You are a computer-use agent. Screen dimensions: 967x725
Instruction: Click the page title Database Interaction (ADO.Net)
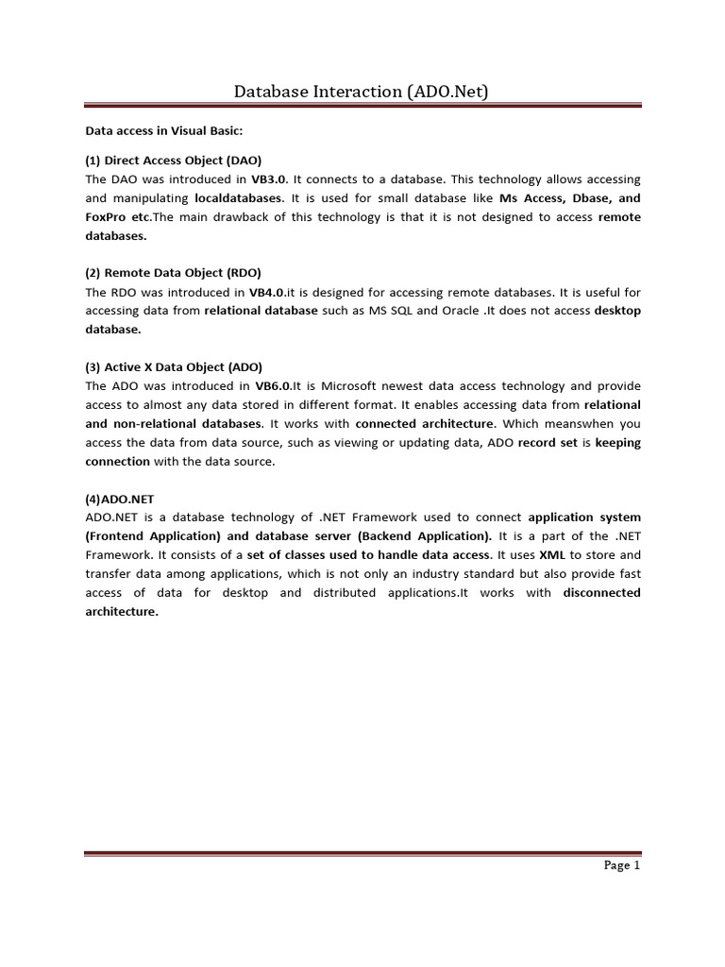(362, 91)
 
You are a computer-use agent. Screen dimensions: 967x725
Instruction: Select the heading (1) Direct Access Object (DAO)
(174, 160)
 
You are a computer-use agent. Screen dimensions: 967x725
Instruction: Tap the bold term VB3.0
(269, 178)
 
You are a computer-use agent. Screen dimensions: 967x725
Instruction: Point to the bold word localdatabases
(238, 197)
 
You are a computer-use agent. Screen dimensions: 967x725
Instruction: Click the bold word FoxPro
(106, 216)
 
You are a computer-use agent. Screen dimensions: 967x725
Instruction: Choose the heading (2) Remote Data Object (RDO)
(174, 273)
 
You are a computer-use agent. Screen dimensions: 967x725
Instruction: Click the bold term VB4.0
(267, 292)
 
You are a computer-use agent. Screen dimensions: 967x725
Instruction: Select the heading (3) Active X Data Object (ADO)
(174, 366)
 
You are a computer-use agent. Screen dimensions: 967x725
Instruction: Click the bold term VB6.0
(273, 385)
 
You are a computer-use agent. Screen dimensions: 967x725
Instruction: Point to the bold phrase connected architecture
(425, 423)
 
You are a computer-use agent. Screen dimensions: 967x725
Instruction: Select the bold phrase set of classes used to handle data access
(381, 554)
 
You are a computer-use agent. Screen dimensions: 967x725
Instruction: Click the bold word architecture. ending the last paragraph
(122, 611)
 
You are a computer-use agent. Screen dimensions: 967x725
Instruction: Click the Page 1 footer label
(622, 865)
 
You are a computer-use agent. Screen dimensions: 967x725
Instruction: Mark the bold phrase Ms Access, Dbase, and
(569, 197)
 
